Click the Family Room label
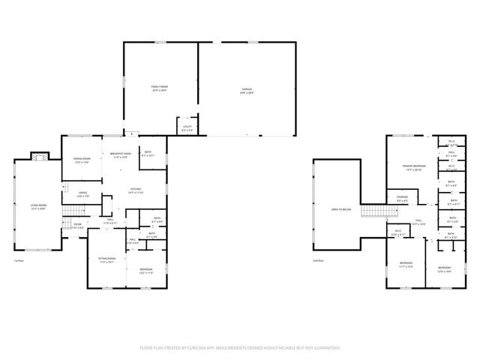pyautogui.click(x=159, y=88)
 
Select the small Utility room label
pyautogui.click(x=187, y=128)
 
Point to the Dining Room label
pyautogui.click(x=82, y=160)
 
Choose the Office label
pyautogui.click(x=83, y=194)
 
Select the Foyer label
pyautogui.click(x=77, y=224)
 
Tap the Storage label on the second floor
pyautogui.click(x=403, y=199)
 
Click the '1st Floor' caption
pyautogui.click(x=19, y=260)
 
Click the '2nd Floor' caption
pyautogui.click(x=318, y=260)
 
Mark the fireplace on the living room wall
pyautogui.click(x=39, y=157)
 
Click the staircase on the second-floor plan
pyautogui.click(x=372, y=211)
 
